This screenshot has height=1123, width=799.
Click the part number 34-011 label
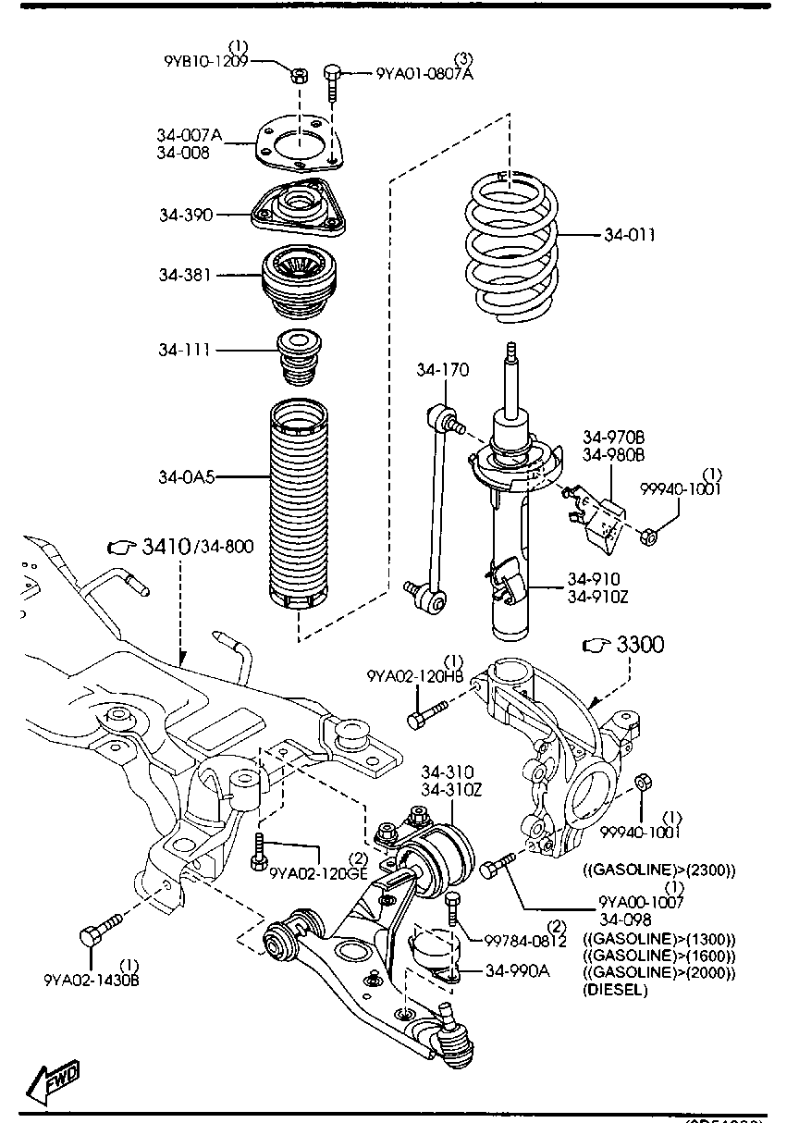630,235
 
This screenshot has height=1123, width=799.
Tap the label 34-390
185,215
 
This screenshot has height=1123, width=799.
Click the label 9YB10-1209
206,62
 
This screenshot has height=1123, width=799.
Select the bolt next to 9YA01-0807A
334,83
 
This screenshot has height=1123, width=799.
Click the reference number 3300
639,645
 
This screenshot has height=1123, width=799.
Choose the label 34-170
442,370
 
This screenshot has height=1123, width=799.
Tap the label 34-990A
517,970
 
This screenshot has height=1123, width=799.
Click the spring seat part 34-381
302,275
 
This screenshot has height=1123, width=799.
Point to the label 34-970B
613,436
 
